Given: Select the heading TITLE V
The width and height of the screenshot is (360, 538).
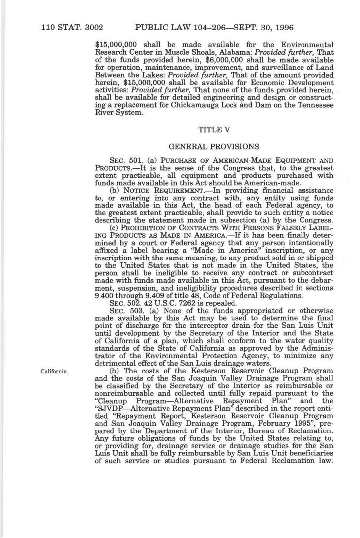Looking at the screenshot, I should [214, 130].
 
